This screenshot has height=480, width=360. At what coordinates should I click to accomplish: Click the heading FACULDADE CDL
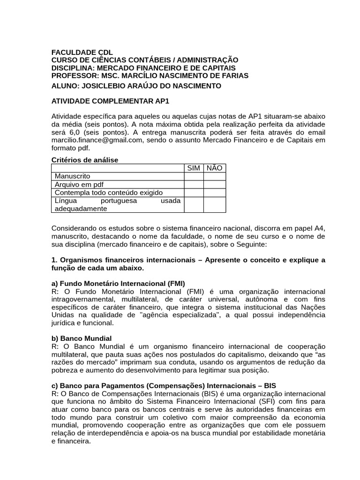click(x=82, y=52)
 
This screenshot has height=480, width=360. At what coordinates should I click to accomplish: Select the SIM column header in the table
click(x=194, y=168)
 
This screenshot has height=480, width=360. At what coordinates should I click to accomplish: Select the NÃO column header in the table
click(x=214, y=168)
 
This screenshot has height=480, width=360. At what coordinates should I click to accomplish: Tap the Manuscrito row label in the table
click(x=73, y=176)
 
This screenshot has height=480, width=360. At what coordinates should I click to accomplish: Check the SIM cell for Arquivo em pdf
click(x=194, y=184)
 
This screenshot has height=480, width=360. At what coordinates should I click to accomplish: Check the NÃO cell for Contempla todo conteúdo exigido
click(x=214, y=192)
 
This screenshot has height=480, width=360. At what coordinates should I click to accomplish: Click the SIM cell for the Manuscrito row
click(x=194, y=176)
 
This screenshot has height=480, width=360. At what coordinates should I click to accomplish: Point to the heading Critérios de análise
click(x=84, y=160)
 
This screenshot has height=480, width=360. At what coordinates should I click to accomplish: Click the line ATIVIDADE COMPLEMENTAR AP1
click(x=110, y=101)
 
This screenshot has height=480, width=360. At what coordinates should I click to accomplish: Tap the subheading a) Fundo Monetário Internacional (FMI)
click(x=118, y=283)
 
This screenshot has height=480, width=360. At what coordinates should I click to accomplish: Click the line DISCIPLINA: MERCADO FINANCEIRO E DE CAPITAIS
click(x=143, y=67)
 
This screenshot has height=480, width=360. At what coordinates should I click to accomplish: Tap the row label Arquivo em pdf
click(x=79, y=184)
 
